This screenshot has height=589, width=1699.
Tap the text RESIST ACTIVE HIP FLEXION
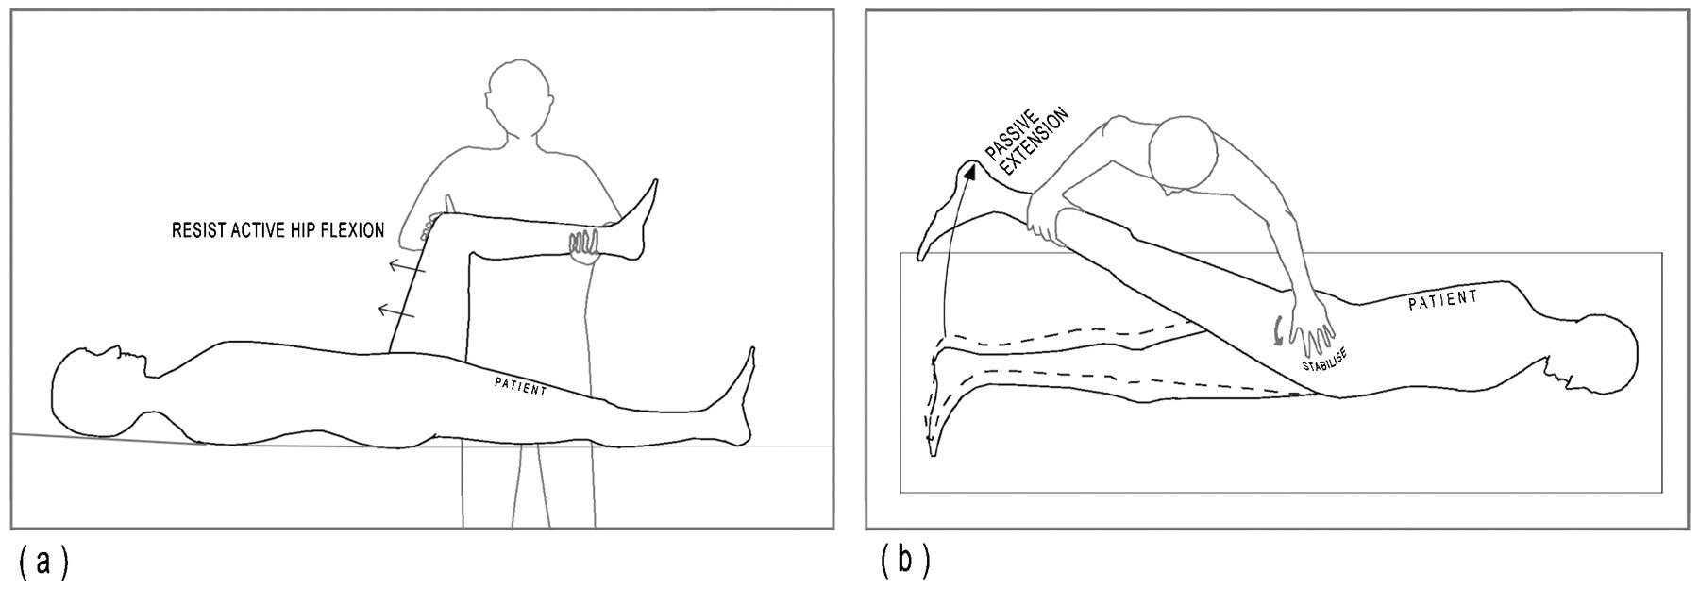[x=278, y=230]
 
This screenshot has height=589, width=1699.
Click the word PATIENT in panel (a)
[x=521, y=387]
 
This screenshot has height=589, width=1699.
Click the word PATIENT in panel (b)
[x=1443, y=301]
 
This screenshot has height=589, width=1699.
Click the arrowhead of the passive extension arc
[x=968, y=171]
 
